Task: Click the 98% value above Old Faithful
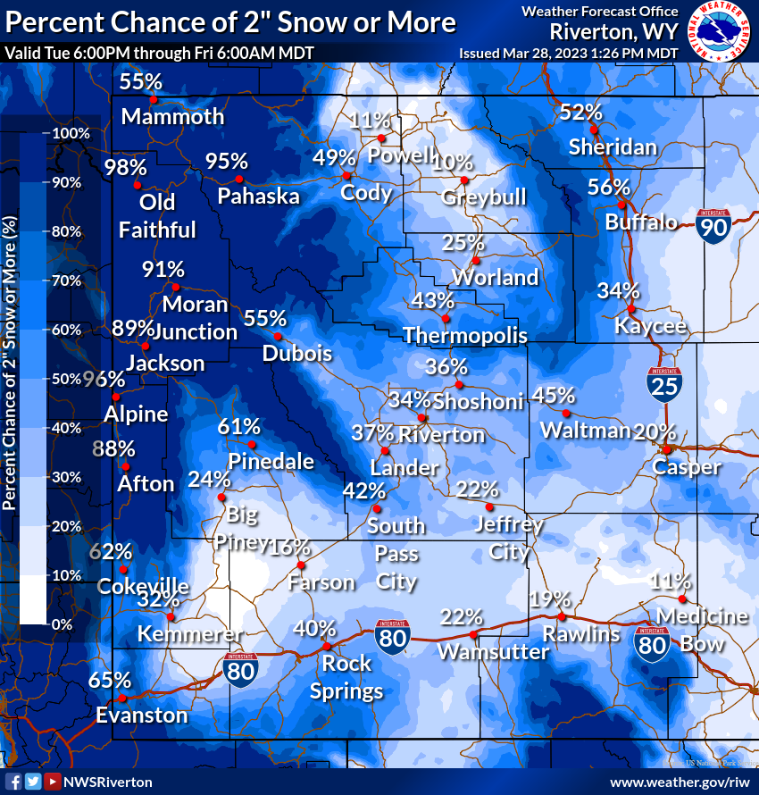click(x=124, y=167)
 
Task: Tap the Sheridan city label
click(x=613, y=146)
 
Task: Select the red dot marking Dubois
click(x=278, y=337)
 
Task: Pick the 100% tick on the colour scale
click(x=71, y=133)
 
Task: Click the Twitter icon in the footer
click(x=33, y=781)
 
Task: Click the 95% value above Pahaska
click(x=226, y=161)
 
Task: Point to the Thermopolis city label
click(x=464, y=335)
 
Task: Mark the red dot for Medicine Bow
click(x=681, y=598)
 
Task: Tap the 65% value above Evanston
click(x=110, y=680)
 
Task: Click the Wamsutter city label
click(x=493, y=652)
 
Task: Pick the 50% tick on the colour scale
click(x=67, y=379)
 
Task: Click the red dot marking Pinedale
click(x=253, y=445)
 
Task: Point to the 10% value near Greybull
click(x=452, y=162)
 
